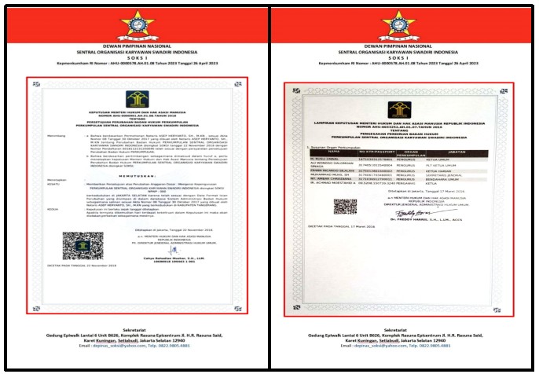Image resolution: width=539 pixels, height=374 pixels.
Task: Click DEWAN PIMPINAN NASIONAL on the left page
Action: tap(136, 46)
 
